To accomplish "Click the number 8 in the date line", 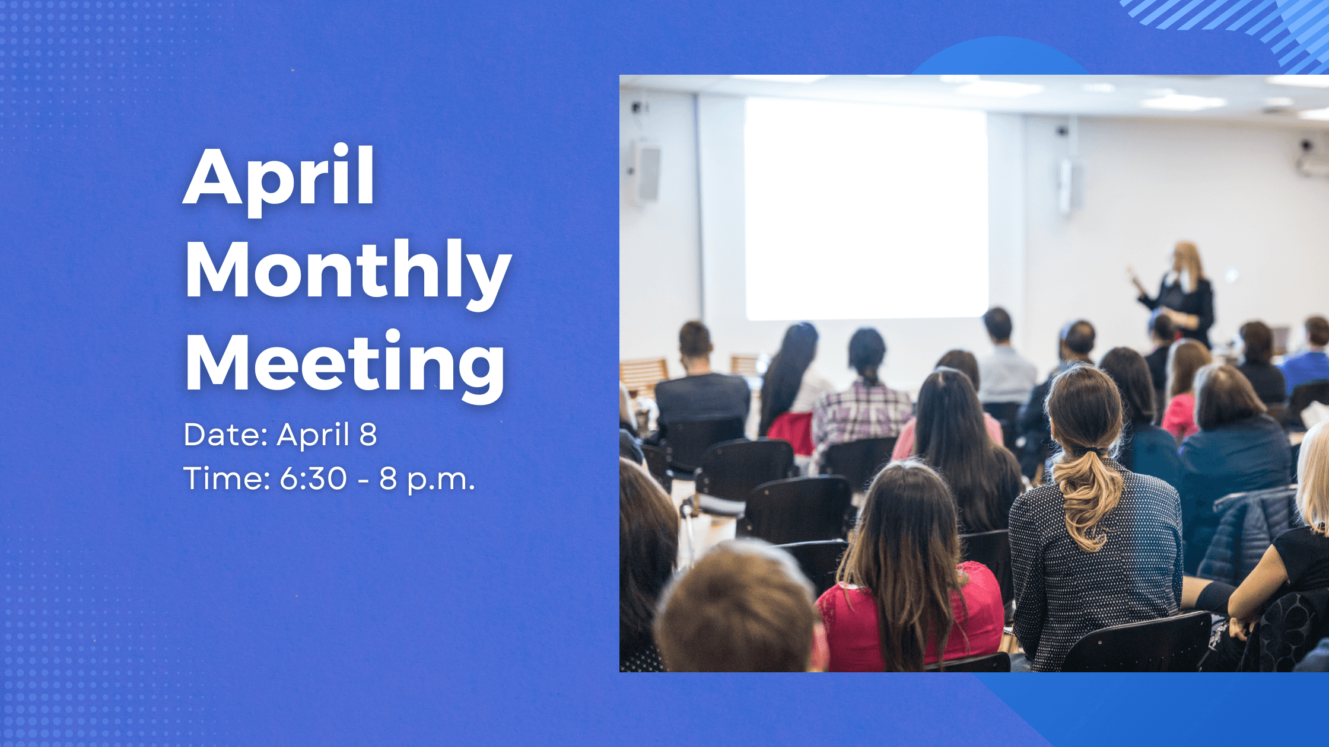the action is point(368,435).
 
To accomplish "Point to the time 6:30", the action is point(313,478).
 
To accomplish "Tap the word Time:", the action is point(227,478).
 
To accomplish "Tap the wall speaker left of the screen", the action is point(646,172).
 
